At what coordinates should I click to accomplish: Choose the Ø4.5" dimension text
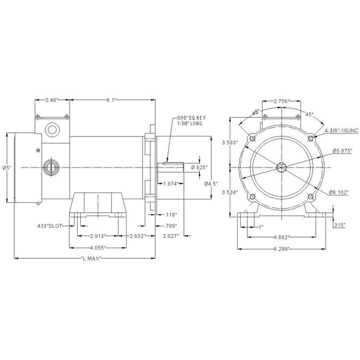pyautogui.click(x=213, y=184)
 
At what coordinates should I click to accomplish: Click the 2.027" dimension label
pyautogui.click(x=169, y=236)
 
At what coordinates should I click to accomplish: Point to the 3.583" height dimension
pyautogui.click(x=228, y=143)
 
